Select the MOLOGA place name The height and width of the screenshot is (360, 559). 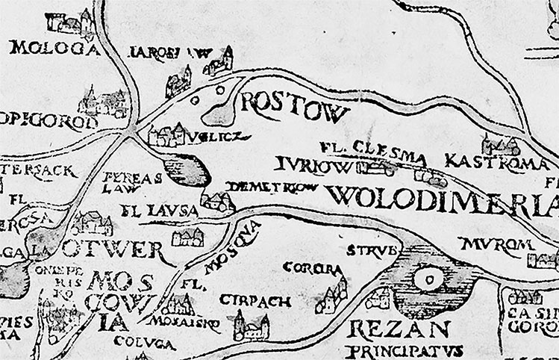[54, 50]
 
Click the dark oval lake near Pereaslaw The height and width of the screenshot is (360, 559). [187, 170]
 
